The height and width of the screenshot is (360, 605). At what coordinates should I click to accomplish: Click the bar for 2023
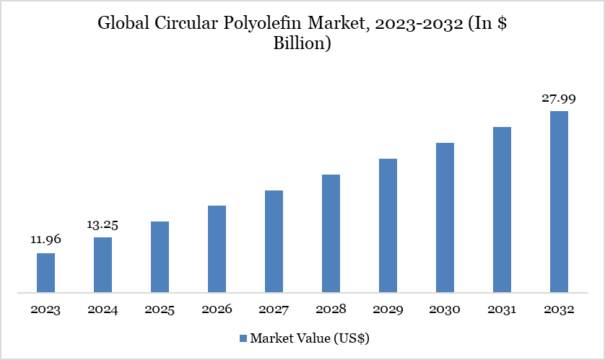pyautogui.click(x=45, y=273)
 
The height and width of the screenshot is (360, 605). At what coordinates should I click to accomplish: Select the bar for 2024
pyautogui.click(x=103, y=265)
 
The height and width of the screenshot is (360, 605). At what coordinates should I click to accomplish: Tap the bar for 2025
pyautogui.click(x=160, y=257)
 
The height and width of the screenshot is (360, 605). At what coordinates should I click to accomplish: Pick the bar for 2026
pyautogui.click(x=217, y=249)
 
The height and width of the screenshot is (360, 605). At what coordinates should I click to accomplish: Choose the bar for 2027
pyautogui.click(x=274, y=242)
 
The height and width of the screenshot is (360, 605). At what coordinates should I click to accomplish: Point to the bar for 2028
pyautogui.click(x=331, y=234)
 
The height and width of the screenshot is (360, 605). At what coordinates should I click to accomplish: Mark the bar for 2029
pyautogui.click(x=388, y=226)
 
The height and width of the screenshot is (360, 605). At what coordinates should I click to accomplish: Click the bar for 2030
pyautogui.click(x=445, y=218)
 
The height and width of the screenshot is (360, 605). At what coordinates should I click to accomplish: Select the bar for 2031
pyautogui.click(x=502, y=210)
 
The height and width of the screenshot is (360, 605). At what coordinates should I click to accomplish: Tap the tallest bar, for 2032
pyautogui.click(x=559, y=202)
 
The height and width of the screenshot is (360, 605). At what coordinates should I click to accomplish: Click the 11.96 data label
pyautogui.click(x=45, y=240)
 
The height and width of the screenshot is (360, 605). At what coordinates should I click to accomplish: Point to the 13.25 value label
pyautogui.click(x=103, y=224)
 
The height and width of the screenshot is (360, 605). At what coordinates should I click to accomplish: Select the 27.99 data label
pyautogui.click(x=559, y=98)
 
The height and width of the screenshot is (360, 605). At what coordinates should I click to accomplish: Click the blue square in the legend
pyautogui.click(x=243, y=338)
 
